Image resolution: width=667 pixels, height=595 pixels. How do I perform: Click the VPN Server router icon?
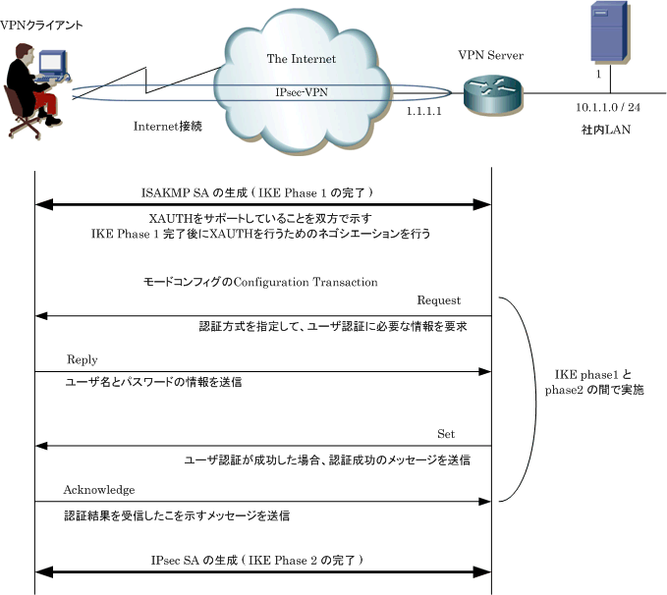tap(493, 94)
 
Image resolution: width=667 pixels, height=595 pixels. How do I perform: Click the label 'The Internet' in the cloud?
tap(302, 59)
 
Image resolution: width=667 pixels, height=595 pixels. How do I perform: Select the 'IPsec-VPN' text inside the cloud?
tap(302, 92)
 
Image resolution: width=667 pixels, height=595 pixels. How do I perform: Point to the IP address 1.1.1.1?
tap(424, 111)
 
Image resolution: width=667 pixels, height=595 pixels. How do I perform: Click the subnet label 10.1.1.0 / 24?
tap(608, 107)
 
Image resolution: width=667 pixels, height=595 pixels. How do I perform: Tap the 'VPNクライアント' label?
tap(41, 26)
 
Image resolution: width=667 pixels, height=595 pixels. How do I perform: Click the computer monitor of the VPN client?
tap(53, 63)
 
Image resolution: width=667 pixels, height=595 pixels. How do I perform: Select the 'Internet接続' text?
tap(168, 127)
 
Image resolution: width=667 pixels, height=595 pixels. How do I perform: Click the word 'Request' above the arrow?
tap(438, 300)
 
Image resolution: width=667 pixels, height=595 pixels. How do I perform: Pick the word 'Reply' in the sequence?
tap(83, 359)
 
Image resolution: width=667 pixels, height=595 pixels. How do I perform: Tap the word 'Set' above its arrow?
tap(446, 434)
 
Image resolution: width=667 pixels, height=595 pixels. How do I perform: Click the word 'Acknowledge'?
tap(99, 490)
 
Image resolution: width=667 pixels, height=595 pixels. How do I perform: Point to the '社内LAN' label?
tap(606, 130)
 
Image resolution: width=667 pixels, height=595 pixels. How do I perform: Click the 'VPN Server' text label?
tap(490, 55)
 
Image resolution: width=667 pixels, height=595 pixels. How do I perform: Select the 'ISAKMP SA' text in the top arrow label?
tap(175, 193)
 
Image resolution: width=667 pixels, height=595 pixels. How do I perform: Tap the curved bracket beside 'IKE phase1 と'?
tap(535, 400)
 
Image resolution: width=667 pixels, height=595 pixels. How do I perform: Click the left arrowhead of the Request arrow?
tap(41, 316)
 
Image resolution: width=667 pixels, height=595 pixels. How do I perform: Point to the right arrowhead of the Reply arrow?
tap(485, 372)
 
